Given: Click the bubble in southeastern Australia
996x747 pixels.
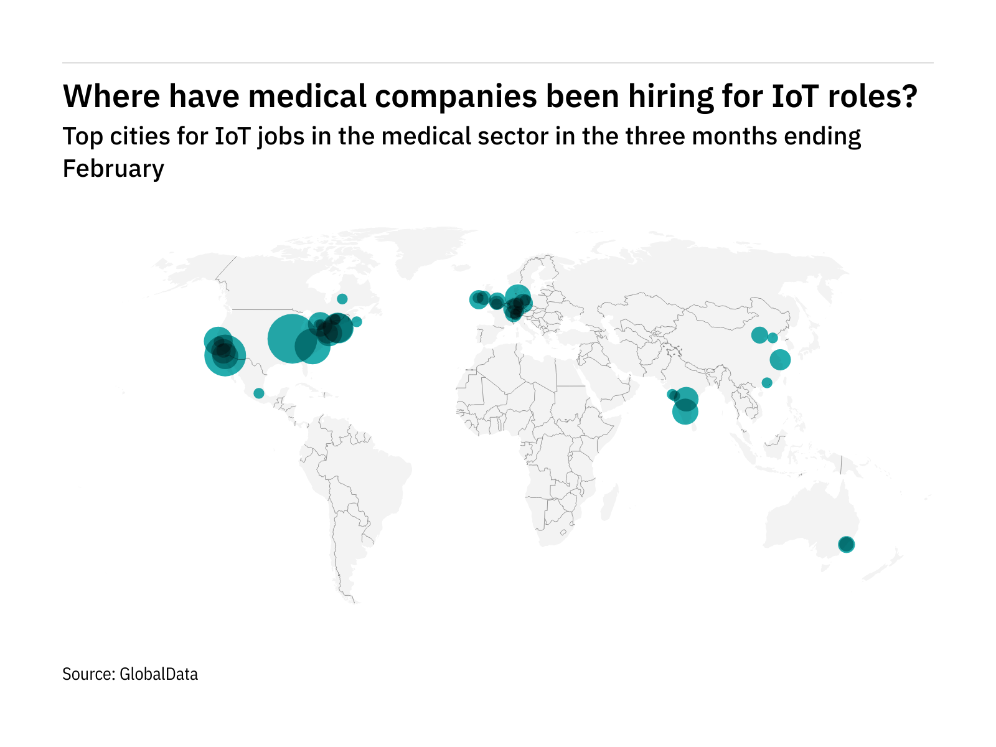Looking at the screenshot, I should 846,545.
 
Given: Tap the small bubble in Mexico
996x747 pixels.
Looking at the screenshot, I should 259,393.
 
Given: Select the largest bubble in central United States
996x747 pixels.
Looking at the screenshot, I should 291,339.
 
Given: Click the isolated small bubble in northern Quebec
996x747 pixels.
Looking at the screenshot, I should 342,299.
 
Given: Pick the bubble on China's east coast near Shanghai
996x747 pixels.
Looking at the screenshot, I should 780,359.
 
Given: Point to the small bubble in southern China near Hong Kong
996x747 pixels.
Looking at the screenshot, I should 767,383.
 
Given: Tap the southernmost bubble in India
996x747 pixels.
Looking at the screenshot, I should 685,411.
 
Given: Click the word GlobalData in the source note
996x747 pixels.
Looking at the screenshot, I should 159,674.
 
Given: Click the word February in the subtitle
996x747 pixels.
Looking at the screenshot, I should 113,169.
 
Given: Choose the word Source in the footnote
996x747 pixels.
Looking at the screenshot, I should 87,674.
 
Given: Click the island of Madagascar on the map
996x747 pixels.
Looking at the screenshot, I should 610,502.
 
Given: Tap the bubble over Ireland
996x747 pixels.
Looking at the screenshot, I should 478,299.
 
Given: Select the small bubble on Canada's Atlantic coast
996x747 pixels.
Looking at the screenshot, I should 357,322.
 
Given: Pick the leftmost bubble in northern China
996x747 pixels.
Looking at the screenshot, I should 759,335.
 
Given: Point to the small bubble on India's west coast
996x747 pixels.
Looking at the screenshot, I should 672,394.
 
